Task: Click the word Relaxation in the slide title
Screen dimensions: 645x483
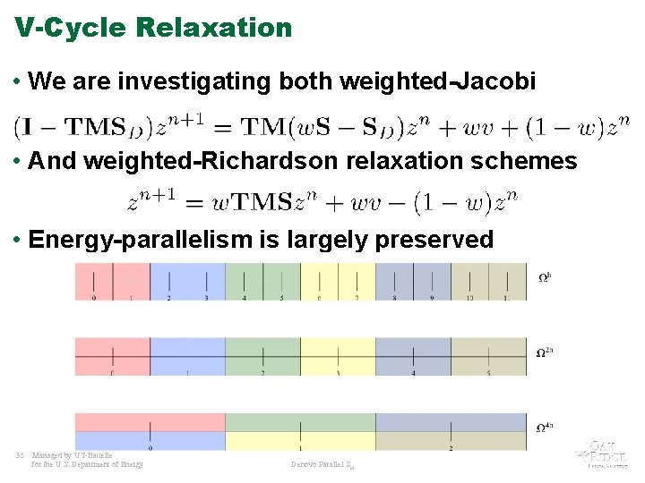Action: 214,28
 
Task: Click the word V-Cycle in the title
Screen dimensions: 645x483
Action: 72,28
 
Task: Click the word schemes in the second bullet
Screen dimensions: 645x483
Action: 526,162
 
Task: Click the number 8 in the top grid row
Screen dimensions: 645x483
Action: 394,298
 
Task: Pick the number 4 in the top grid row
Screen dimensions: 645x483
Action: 244,298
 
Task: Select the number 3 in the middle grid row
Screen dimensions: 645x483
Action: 338,373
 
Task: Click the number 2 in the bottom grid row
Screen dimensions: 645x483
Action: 451,447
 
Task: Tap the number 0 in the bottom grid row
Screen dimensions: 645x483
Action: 150,447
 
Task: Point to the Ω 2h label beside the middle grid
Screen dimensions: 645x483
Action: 544,352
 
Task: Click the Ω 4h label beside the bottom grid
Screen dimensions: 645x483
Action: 544,428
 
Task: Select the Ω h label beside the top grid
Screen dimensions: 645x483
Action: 544,277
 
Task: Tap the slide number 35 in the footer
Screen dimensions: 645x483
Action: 20,454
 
